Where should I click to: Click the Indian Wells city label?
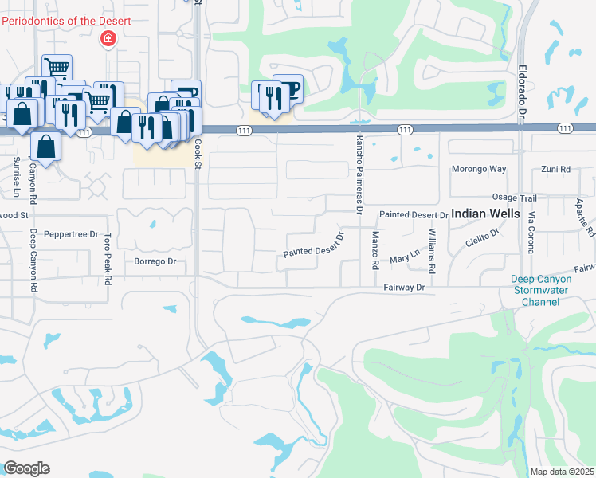(485, 214)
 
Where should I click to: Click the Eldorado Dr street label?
(523, 92)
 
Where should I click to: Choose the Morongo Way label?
(480, 169)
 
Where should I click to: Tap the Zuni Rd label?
(555, 169)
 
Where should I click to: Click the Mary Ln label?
(404, 257)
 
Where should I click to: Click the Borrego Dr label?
(154, 261)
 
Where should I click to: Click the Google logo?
(26, 468)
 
